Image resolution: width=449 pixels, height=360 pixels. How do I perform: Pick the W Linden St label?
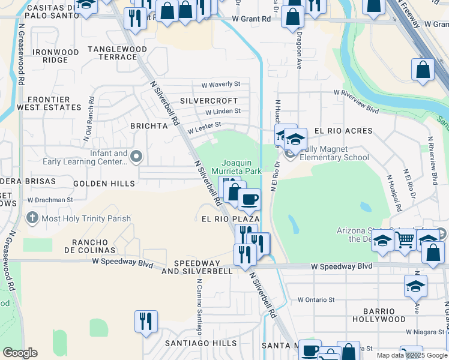pyautogui.click(x=223, y=111)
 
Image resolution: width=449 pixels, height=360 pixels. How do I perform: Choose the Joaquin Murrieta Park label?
pyautogui.click(x=242, y=167)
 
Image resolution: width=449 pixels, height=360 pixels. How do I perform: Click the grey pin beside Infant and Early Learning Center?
pyautogui.click(x=136, y=157)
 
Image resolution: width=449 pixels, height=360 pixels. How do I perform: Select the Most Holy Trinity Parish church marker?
pyautogui.click(x=32, y=218)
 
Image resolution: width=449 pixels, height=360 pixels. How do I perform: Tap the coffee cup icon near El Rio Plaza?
pyautogui.click(x=249, y=199)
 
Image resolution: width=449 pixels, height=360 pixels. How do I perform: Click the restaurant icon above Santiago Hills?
pyautogui.click(x=146, y=322)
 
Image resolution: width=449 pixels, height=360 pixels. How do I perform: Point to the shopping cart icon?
pyautogui.click(x=405, y=240)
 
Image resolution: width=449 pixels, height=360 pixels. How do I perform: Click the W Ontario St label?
pyautogui.click(x=316, y=299)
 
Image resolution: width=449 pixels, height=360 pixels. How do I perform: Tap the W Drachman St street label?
pyautogui.click(x=50, y=200)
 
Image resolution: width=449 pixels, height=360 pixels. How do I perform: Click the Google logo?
pyautogui.click(x=20, y=353)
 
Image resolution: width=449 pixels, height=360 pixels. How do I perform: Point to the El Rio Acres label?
pyautogui.click(x=343, y=131)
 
